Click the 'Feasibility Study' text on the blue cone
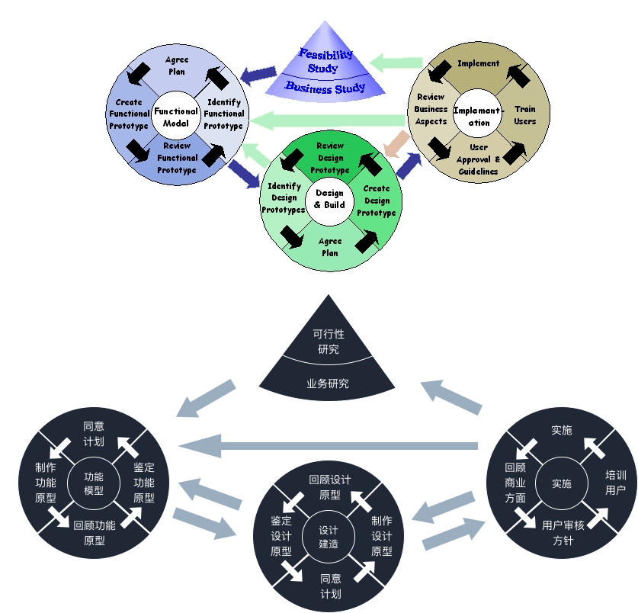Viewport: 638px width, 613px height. pyautogui.click(x=325, y=61)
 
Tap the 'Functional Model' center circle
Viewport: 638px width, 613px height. pyautogui.click(x=176, y=117)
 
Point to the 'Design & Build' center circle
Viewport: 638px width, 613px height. pyautogui.click(x=329, y=199)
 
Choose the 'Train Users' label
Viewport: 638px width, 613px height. pyautogui.click(x=524, y=115)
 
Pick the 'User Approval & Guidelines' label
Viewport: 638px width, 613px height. pyautogui.click(x=478, y=159)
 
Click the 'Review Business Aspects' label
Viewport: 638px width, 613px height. pyautogui.click(x=431, y=109)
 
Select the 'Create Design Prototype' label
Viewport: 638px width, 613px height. pyautogui.click(x=377, y=201)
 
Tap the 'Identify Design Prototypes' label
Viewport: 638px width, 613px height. pyautogui.click(x=284, y=197)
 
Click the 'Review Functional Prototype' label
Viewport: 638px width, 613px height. pyautogui.click(x=177, y=158)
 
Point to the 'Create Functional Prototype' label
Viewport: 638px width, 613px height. pyautogui.click(x=129, y=114)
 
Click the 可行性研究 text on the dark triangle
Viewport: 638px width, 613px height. pyautogui.click(x=329, y=342)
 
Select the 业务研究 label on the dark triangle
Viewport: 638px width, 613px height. pyautogui.click(x=328, y=384)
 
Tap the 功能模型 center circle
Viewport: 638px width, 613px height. pyautogui.click(x=94, y=483)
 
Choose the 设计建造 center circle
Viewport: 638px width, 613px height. pyautogui.click(x=329, y=537)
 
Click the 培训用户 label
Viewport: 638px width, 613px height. pyautogui.click(x=615, y=482)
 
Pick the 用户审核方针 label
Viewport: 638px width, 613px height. pyautogui.click(x=563, y=533)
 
